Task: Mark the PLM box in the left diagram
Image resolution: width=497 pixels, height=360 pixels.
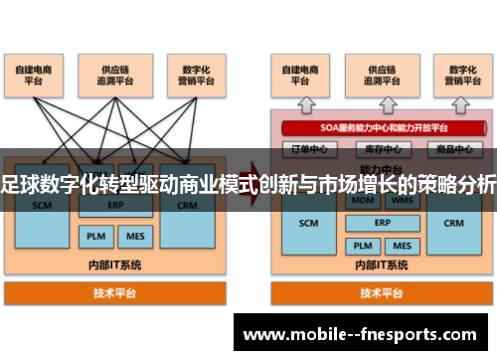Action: pyautogui.click(x=94, y=237)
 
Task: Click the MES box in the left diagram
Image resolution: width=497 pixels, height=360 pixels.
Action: pyautogui.click(x=132, y=237)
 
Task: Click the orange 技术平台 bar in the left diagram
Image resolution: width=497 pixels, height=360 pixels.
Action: pyautogui.click(x=115, y=293)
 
